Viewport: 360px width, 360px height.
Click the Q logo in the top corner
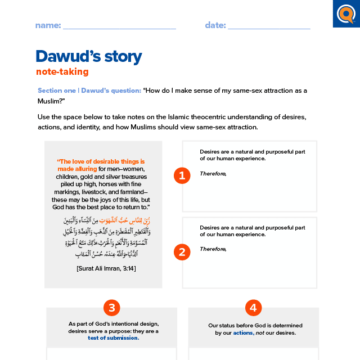[345, 13]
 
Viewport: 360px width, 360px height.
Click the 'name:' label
[47, 25]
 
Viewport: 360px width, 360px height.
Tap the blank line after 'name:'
[119, 26]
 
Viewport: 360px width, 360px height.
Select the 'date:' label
[215, 25]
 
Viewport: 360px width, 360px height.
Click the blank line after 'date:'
[269, 26]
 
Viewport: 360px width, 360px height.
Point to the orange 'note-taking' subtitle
[62, 71]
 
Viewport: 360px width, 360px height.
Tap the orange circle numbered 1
[182, 175]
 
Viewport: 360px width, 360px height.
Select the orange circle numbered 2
[182, 252]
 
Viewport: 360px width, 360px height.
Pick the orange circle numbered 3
[112, 307]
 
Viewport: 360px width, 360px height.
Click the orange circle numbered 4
[254, 307]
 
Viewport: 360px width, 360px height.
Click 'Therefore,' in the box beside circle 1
[213, 173]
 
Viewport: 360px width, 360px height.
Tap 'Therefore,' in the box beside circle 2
[213, 249]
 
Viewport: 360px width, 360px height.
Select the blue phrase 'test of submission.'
[113, 338]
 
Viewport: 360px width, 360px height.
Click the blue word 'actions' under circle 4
[243, 333]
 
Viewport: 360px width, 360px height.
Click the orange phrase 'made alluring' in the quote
[78, 168]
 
